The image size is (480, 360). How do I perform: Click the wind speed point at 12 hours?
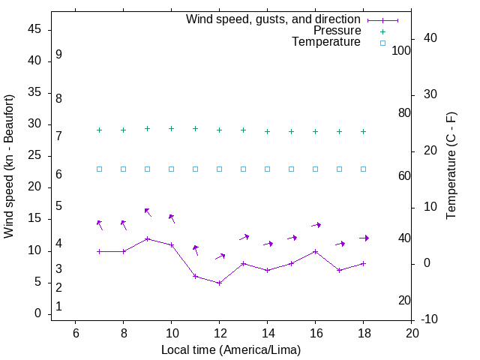219,283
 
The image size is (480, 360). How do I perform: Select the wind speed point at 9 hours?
148,238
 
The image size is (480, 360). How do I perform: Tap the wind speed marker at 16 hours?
316,251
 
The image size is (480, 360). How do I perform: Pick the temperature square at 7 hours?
100,169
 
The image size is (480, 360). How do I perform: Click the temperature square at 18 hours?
364,169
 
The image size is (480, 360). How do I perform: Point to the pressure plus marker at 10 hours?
172,128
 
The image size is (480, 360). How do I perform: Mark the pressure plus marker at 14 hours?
268,131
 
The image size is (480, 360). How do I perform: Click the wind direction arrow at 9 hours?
148,212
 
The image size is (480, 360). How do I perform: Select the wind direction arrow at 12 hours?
220,256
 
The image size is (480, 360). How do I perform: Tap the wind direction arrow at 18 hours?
364,238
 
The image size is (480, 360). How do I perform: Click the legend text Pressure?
337,31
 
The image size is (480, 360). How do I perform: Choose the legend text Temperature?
326,43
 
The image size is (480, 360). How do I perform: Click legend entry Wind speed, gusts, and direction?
274,19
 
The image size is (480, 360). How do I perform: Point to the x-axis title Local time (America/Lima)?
231,349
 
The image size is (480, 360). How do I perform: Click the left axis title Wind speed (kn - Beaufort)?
9,166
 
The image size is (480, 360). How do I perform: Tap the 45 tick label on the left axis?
34,29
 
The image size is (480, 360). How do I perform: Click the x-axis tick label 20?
412,333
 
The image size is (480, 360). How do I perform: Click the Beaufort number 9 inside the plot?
58,55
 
